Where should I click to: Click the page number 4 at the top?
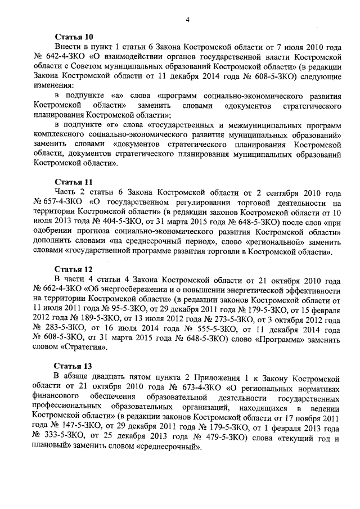[187, 20]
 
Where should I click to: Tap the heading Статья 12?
[72, 269]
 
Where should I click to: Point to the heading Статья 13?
[72, 365]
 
